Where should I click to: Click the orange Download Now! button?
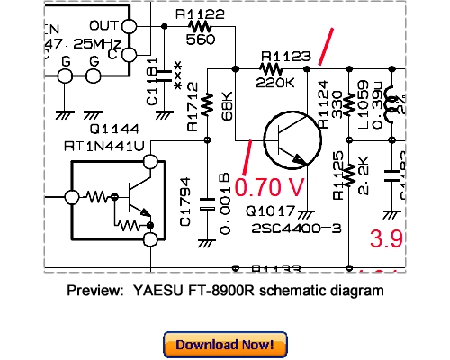(225, 345)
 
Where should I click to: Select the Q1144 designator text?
(94, 129)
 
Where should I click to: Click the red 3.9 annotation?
(384, 238)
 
